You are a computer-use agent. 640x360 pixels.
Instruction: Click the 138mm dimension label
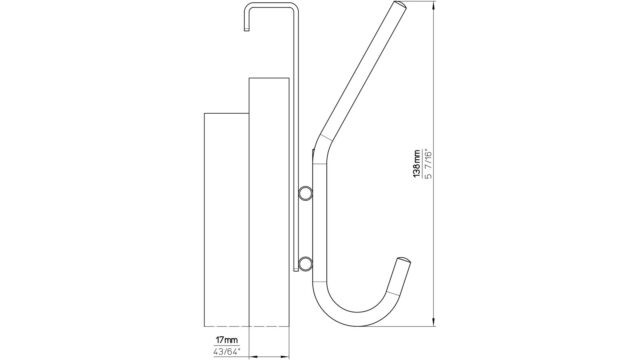(x=417, y=164)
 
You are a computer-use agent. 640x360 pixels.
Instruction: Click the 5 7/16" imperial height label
(x=428, y=164)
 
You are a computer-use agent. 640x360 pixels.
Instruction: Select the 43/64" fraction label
(x=227, y=351)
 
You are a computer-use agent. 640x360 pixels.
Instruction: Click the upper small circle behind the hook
(x=304, y=193)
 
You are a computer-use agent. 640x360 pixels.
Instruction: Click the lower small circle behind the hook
(x=304, y=264)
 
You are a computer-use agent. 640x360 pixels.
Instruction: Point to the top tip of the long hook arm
(x=400, y=4)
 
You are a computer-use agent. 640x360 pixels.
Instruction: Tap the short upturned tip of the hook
(x=404, y=261)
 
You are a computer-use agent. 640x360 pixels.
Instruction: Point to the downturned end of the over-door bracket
(x=247, y=29)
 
